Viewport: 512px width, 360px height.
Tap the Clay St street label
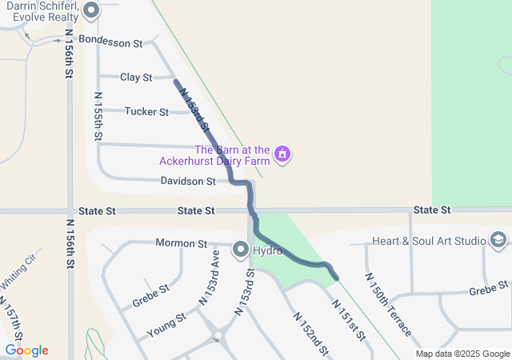pyautogui.click(x=136, y=78)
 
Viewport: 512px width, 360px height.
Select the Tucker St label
pyautogui.click(x=146, y=112)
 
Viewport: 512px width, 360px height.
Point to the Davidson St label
pyautogui.click(x=188, y=182)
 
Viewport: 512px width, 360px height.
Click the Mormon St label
pyautogui.click(x=181, y=243)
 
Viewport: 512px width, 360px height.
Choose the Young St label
pyautogui.click(x=166, y=326)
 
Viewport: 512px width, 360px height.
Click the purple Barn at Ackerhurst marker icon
pyautogui.click(x=282, y=154)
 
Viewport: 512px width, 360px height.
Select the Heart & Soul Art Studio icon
pyautogui.click(x=498, y=240)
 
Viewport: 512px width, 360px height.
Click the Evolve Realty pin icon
pyautogui.click(x=90, y=11)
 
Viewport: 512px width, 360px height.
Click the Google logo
pyautogui.click(x=26, y=350)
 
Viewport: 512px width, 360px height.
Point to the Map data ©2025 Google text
pyautogui.click(x=462, y=354)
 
